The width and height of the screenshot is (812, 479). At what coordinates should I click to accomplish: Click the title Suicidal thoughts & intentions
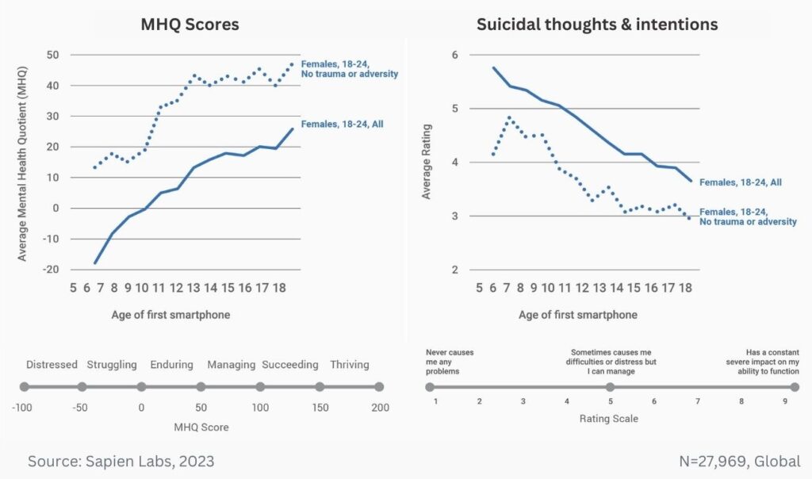[x=597, y=25]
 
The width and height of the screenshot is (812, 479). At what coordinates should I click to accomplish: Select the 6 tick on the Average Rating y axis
[x=455, y=55]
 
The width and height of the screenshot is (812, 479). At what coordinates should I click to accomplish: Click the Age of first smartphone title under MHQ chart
[x=171, y=315]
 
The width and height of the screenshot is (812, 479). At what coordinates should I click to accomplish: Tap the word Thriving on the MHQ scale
[x=350, y=365]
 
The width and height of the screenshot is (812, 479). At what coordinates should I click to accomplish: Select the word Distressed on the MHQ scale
[x=52, y=365]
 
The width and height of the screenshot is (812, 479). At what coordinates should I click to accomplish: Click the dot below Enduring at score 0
[x=141, y=387]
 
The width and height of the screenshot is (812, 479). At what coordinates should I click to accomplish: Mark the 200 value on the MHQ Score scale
[x=380, y=407]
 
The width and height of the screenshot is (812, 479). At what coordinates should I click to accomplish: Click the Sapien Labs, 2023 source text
[x=121, y=461]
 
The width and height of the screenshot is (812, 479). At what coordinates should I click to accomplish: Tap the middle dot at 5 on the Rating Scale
[x=610, y=387]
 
